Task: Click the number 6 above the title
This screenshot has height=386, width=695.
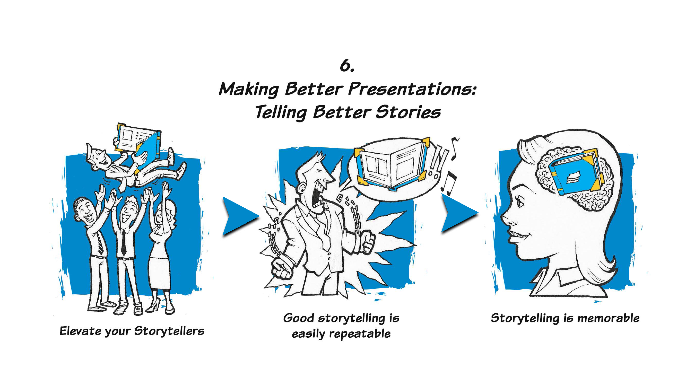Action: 347,65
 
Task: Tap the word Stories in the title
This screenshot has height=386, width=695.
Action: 408,112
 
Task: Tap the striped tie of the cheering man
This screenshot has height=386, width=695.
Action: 99,242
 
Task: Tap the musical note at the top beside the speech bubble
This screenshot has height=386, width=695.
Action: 454,148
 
